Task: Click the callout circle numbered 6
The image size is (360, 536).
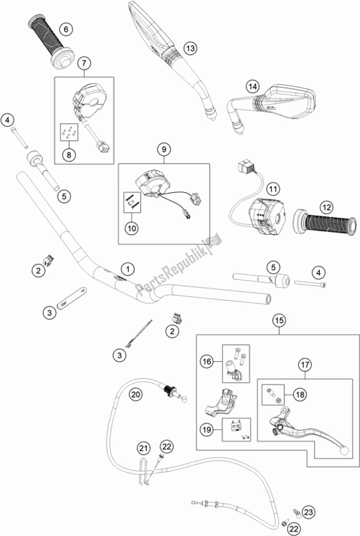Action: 66,29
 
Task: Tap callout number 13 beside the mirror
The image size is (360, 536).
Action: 190,48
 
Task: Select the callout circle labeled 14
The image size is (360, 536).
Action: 253,86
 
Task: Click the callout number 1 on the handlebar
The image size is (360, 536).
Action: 127,269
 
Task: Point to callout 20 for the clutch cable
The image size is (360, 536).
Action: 135,395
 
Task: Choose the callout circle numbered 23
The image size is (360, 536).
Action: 308,512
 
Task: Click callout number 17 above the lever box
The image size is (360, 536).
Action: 305,364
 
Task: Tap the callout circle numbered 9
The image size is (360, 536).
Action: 164,149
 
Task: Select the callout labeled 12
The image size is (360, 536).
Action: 326,207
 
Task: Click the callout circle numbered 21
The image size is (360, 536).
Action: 144,448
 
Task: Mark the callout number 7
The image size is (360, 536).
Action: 84,63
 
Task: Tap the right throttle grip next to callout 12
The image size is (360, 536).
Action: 324,222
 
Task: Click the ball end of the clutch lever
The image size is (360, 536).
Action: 345,450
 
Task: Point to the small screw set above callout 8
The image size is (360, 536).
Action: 70,132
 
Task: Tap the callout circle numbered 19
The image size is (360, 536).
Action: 206,429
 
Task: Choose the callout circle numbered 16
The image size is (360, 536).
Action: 206,361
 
